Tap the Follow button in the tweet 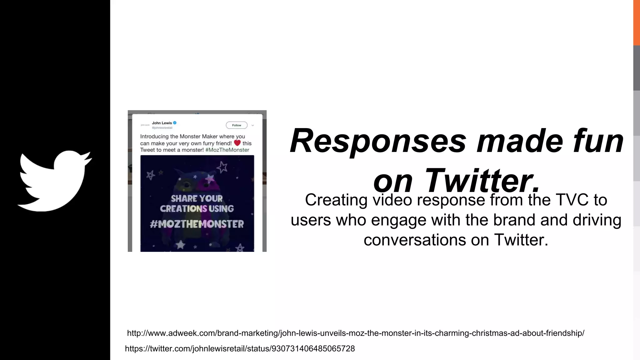[237, 125]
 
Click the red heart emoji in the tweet [237, 143]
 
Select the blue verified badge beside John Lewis [175, 123]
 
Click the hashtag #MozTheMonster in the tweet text [227, 150]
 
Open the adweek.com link [356, 333]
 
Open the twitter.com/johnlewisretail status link [240, 349]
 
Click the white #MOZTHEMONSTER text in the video [197, 224]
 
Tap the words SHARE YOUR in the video [197, 199]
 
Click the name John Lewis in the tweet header [162, 123]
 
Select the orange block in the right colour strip [637, 22]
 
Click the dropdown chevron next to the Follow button [253, 125]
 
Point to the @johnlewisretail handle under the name [162, 128]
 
